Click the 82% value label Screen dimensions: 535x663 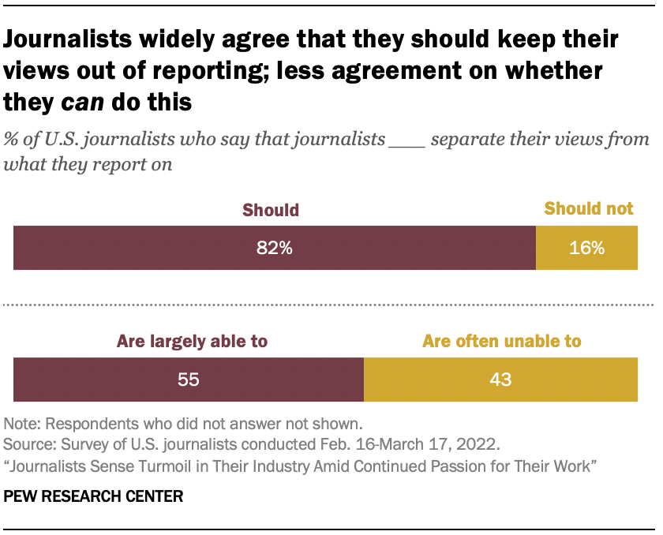275,248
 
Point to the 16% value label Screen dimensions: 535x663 586,248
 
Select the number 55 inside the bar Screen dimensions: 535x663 188,379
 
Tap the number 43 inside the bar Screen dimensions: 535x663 500,379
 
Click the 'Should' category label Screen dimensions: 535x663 271,210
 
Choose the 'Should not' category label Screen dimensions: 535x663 589,209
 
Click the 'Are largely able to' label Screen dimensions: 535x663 193,342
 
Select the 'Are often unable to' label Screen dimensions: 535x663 502,342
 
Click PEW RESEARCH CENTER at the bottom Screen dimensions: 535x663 93,496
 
